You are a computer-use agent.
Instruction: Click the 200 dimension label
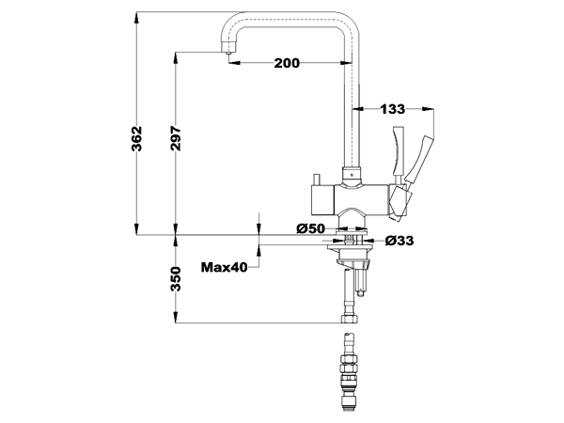click(287, 63)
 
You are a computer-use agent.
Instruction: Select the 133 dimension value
click(392, 109)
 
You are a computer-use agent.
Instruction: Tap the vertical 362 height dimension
click(136, 138)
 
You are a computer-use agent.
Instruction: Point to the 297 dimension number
click(176, 138)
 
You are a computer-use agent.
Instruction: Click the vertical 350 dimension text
click(176, 279)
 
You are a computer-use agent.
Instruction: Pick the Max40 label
click(225, 267)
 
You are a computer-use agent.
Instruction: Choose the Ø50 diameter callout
click(311, 228)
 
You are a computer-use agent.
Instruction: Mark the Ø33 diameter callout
click(399, 241)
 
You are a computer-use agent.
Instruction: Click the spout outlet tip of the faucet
click(228, 53)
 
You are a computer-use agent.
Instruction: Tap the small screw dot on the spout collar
click(351, 175)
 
